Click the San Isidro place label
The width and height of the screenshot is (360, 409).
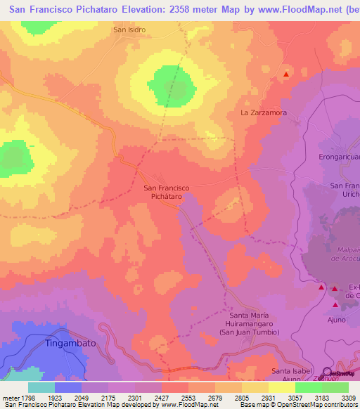tap(129, 30)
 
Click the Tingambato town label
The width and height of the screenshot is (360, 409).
tap(70, 343)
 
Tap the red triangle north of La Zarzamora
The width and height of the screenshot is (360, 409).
tap(285, 74)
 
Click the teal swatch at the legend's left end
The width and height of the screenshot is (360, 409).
tap(41, 387)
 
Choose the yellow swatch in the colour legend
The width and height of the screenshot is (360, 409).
tap(281, 387)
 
